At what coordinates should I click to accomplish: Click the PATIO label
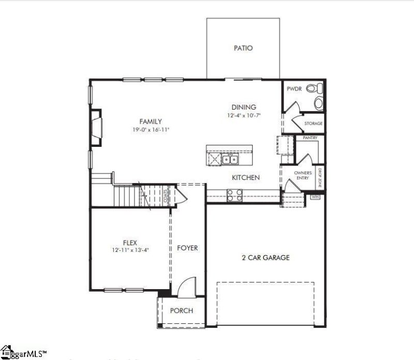click(x=243, y=48)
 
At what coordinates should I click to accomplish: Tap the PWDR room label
click(x=293, y=88)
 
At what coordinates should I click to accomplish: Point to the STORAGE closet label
click(x=313, y=124)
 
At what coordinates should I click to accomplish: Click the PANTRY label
click(x=310, y=138)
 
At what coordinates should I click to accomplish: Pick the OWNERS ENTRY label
click(x=303, y=175)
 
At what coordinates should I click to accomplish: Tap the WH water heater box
click(x=315, y=197)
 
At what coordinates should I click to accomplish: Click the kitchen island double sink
click(x=230, y=159)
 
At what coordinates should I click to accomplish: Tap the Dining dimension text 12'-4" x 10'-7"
click(x=244, y=115)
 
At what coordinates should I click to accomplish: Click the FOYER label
click(x=187, y=248)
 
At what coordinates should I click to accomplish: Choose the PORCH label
click(x=181, y=311)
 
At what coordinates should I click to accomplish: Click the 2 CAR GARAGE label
click(x=265, y=258)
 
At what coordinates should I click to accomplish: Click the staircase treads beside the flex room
click(x=127, y=196)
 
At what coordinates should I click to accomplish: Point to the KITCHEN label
click(x=245, y=177)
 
